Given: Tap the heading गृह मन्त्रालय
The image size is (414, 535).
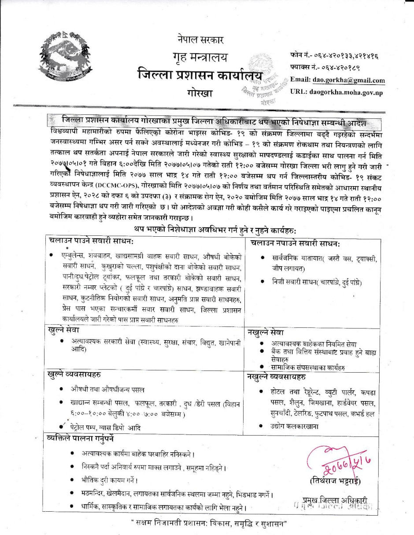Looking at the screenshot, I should coord(200,58).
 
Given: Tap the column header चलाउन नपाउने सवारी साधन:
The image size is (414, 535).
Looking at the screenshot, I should coord(297,243).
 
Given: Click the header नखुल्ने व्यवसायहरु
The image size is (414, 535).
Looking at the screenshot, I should coord(278,377).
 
